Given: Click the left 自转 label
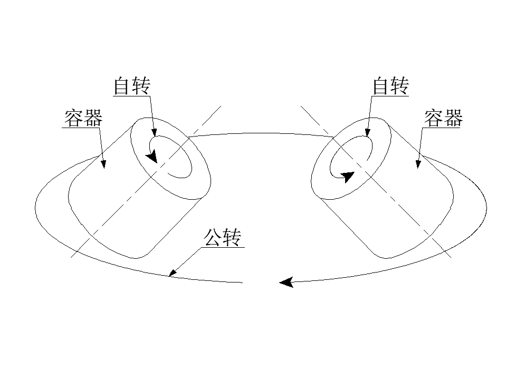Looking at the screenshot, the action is click(x=132, y=85).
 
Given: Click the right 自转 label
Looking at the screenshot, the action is click(x=391, y=85).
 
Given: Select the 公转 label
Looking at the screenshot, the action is click(x=223, y=237).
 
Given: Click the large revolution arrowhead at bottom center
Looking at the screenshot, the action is click(x=287, y=283).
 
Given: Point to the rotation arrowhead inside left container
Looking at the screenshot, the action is click(x=152, y=157).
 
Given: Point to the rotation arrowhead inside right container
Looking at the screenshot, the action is click(x=348, y=177).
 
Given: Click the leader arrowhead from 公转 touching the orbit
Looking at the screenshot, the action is click(x=173, y=272).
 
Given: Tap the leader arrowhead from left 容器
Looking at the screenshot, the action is click(x=103, y=164).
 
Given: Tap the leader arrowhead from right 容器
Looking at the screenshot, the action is click(x=418, y=164).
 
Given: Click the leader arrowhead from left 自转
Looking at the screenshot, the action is click(x=154, y=132).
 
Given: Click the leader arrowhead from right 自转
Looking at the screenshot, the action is click(x=367, y=132).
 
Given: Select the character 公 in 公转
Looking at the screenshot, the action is click(x=213, y=237).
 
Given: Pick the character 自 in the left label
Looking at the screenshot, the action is click(x=122, y=85).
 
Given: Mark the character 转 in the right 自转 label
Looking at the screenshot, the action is click(x=400, y=85).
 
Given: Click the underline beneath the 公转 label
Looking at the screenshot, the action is click(x=223, y=248).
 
